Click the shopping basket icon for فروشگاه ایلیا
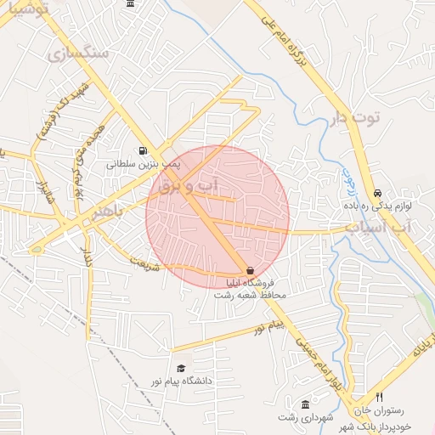250,269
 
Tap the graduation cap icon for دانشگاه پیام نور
180,368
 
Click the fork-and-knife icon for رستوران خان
380,397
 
